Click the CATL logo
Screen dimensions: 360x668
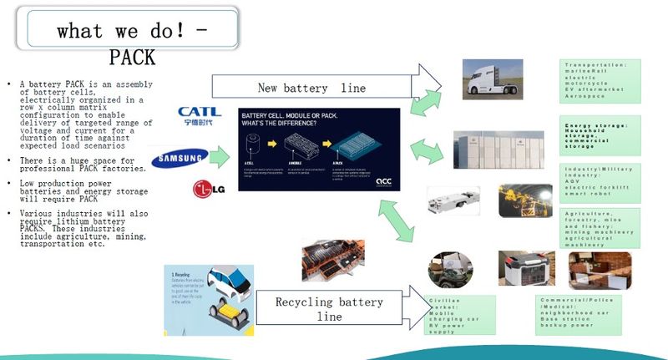tap(199, 115)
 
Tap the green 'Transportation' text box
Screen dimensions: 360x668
tap(600, 81)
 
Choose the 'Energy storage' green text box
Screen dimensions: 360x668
tap(600, 136)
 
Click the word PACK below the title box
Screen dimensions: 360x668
tap(132, 58)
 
